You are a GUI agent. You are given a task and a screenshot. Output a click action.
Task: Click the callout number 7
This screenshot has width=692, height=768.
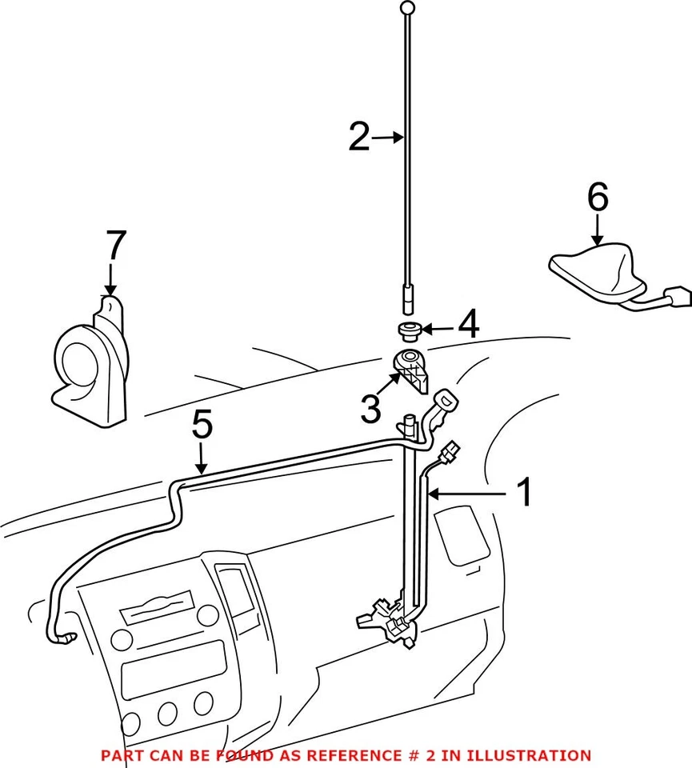click(116, 247)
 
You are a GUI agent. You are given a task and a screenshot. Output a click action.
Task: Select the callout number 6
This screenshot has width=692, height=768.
click(598, 197)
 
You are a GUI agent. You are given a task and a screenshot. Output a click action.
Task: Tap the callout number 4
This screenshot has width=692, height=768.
click(468, 326)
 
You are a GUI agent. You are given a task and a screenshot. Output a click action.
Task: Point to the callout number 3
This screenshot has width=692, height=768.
click(370, 409)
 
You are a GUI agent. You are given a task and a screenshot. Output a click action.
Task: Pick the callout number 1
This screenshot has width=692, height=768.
click(523, 493)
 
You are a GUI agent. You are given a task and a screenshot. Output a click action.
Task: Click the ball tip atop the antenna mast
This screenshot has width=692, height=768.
click(408, 8)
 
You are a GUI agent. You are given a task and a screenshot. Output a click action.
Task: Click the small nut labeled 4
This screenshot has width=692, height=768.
click(410, 329)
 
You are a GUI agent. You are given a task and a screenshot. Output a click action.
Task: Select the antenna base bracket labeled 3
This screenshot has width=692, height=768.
click(413, 367)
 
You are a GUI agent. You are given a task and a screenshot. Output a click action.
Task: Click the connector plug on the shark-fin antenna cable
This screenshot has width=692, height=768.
click(678, 296)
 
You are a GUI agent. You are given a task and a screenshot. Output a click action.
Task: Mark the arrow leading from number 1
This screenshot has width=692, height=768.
click(468, 494)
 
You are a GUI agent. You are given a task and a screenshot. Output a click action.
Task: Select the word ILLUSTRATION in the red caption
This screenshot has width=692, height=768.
click(531, 754)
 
